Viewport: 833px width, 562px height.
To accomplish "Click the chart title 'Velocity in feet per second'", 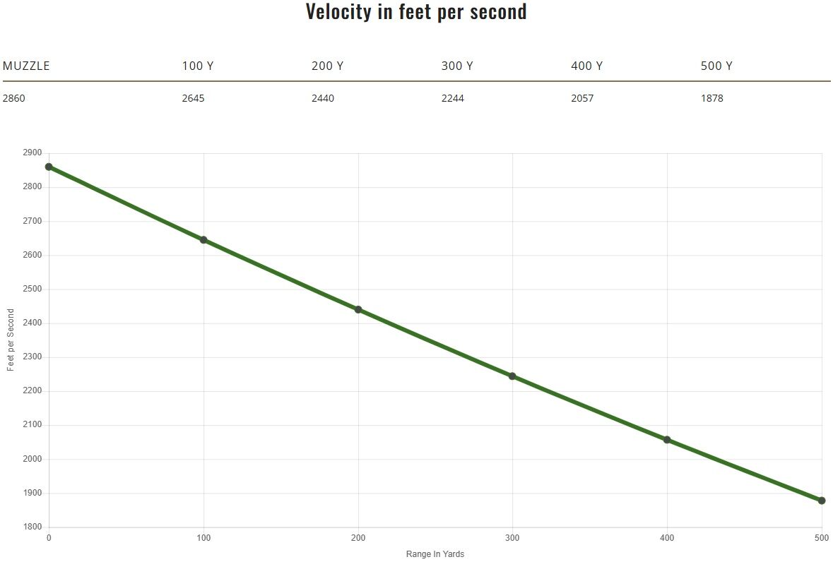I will (416, 12).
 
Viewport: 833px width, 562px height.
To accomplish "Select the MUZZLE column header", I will (26, 66).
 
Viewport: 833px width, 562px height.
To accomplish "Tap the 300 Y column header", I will (457, 66).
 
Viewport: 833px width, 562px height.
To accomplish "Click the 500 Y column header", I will (716, 66).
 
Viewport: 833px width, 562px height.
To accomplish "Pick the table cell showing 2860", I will (14, 98).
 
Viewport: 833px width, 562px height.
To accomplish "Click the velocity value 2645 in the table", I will (193, 98).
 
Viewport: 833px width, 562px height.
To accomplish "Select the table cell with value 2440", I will (323, 98).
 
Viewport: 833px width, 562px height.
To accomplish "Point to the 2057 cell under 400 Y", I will (582, 98).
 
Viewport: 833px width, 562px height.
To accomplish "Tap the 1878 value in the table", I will (712, 98).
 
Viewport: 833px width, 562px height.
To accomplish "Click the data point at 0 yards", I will (49, 167).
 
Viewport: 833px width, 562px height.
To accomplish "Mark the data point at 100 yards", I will (203, 240).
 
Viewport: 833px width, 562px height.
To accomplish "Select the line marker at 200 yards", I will (358, 309).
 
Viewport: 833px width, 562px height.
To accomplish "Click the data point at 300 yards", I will (512, 376).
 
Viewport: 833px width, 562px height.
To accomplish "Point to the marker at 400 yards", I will (667, 440).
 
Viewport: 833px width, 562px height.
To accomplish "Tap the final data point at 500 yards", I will (822, 501).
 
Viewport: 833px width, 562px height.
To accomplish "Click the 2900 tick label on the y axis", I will (33, 153).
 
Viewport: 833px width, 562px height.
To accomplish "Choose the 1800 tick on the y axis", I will (33, 527).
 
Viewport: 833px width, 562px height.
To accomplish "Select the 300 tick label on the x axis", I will (512, 538).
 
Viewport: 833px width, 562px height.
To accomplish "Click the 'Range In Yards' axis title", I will (435, 554).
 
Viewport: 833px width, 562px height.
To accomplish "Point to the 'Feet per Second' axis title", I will (11, 340).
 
